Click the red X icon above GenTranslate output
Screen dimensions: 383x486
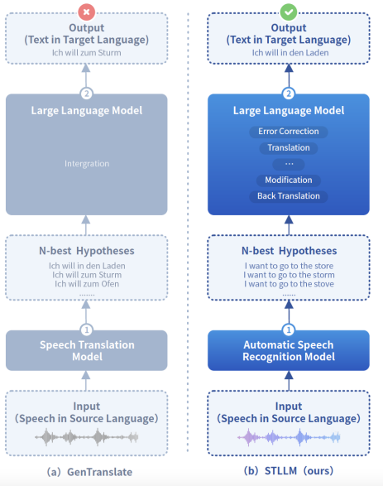point(86,12)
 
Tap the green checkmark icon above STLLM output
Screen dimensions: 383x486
point(289,12)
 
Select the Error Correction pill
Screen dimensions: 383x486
point(289,132)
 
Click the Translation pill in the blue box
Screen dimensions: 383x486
point(289,148)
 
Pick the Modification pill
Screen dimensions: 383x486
point(289,180)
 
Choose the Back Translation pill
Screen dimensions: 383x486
point(289,196)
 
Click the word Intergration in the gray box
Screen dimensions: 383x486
point(87,164)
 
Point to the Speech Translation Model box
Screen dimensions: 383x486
point(87,350)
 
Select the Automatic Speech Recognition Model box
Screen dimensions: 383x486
point(289,350)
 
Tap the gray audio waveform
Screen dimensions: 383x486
point(86,437)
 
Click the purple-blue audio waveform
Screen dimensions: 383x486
point(289,437)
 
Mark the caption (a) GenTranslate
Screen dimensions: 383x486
point(89,472)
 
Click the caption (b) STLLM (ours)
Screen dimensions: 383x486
point(289,471)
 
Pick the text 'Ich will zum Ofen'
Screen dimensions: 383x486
point(87,284)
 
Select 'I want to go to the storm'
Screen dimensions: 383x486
point(289,275)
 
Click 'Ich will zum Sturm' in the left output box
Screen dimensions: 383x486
point(87,53)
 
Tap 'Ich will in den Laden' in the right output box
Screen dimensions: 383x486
point(290,53)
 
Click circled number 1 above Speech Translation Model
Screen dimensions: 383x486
point(87,330)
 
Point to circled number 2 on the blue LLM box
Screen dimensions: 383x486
point(289,94)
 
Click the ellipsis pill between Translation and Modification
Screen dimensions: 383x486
point(289,164)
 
